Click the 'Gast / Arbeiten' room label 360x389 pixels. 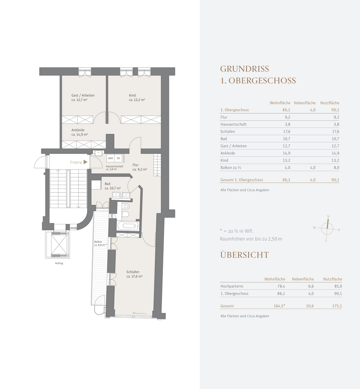tap(83, 95)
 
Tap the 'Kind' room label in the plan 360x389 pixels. tap(132, 95)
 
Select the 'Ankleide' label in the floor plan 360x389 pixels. tap(78, 130)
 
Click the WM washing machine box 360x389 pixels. tap(111, 158)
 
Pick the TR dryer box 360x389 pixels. tap(118, 158)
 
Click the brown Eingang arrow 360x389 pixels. tap(85, 162)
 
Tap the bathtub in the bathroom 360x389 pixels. tap(128, 226)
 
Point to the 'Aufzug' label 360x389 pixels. tap(59, 263)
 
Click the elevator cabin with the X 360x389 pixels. tap(59, 244)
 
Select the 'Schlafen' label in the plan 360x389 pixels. tap(133, 272)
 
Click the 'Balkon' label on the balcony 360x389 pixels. tap(98, 242)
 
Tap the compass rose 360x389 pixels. tap(327, 229)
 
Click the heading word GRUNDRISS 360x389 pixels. tap(245, 69)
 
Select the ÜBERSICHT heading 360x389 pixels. tap(245, 255)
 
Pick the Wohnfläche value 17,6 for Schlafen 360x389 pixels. tap(286, 131)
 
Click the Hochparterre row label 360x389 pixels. tap(232, 286)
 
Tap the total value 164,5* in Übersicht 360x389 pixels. tap(279, 306)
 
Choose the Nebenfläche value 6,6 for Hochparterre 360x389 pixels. tap(311, 286)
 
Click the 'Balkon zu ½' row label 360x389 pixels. tap(231, 168)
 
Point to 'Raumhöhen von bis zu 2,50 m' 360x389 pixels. tap(251, 239)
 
